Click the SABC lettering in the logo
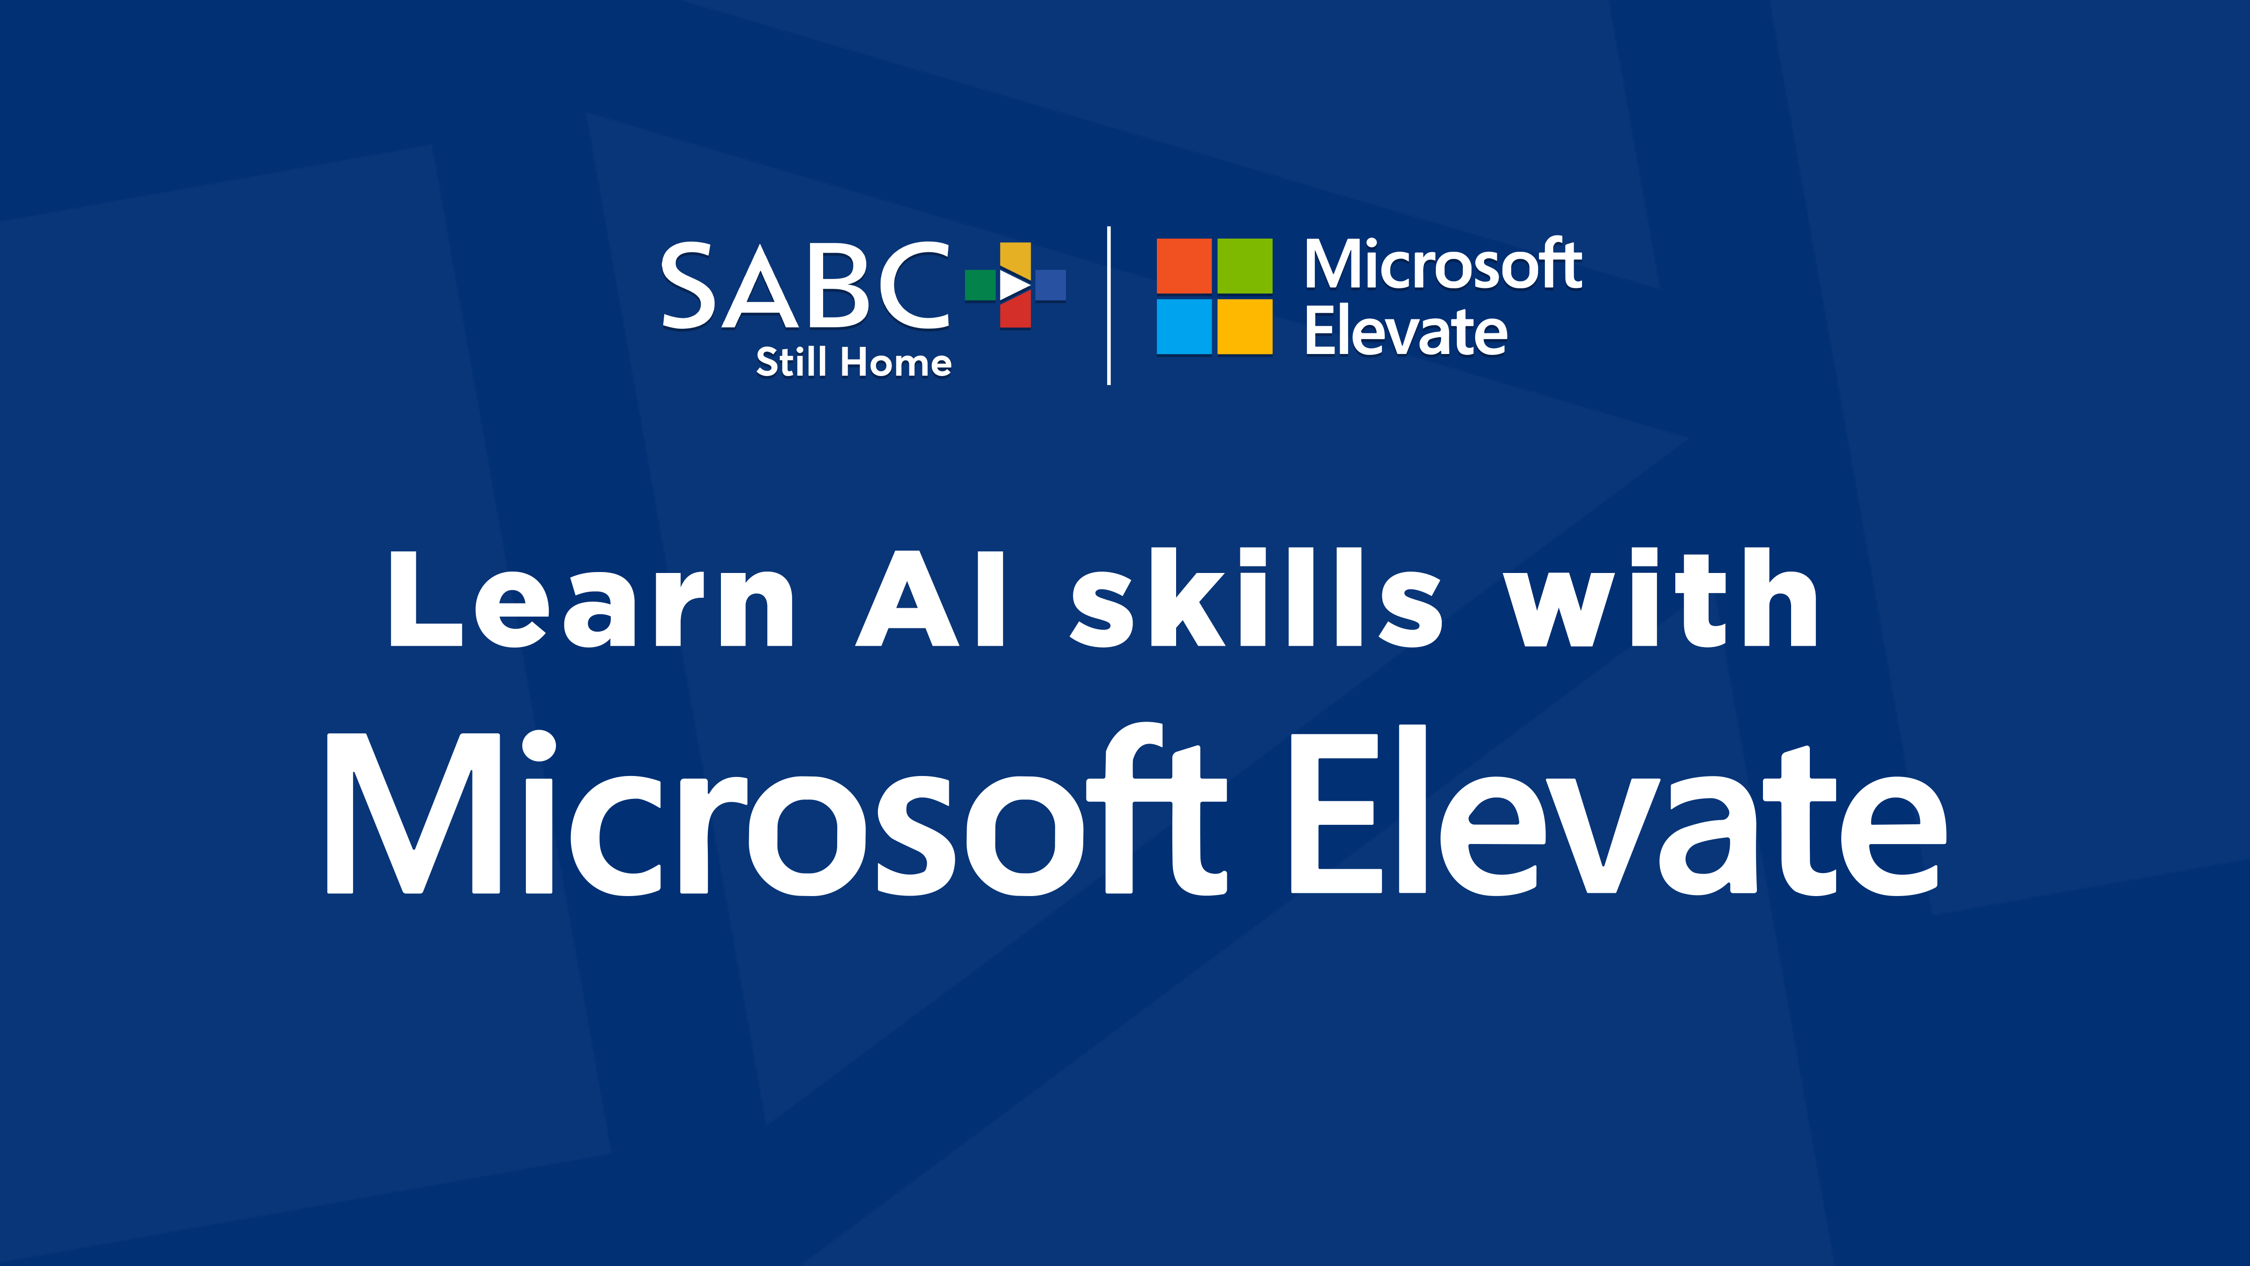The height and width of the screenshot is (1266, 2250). [x=805, y=286]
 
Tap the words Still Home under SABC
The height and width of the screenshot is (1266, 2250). [x=853, y=362]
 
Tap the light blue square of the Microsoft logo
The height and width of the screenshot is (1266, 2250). [x=1184, y=327]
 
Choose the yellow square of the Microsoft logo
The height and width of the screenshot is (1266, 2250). [x=1245, y=327]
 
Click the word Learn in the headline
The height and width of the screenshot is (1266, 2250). [x=591, y=599]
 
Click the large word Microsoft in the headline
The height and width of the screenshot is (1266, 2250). [x=777, y=810]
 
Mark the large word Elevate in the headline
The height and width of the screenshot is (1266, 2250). [x=1619, y=810]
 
